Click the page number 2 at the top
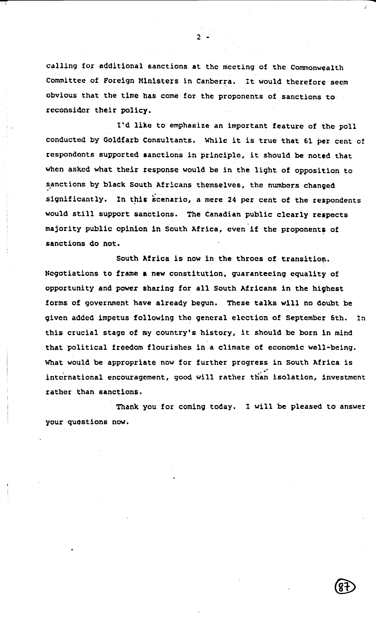[x=199, y=37]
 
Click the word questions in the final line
[x=87, y=422]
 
